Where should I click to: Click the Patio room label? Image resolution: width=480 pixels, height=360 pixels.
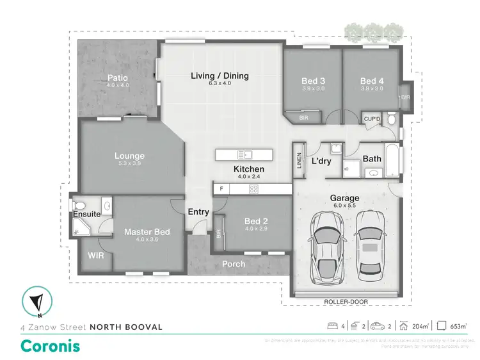pos(117,78)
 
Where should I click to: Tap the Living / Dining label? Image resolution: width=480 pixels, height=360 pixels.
pos(220,76)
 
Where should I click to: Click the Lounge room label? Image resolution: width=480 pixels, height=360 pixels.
pos(129,156)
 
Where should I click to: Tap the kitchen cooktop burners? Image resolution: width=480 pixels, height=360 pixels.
pos(253,188)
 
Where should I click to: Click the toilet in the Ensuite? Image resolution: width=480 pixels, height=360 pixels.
pos(80,205)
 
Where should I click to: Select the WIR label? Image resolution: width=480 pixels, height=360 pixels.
pos(95,255)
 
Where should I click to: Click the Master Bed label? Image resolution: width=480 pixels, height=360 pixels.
pos(147,232)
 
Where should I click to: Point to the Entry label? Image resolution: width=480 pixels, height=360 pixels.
pos(198,212)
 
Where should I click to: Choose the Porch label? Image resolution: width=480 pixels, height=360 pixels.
pos(233,264)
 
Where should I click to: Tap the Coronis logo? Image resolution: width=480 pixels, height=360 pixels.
pos(50,345)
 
